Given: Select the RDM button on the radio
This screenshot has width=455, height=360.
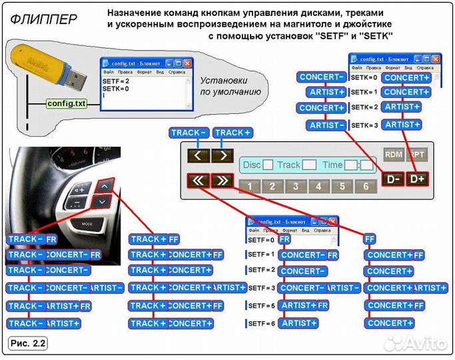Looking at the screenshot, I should tap(394, 154).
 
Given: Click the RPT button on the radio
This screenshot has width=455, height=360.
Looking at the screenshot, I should tap(417, 154).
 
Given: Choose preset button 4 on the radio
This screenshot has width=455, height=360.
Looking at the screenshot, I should tap(318, 186).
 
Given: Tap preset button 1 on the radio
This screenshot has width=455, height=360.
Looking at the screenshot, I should tap(248, 186).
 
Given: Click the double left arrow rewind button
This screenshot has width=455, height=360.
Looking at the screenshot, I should tap(198, 180).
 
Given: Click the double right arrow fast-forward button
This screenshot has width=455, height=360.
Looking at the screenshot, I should tap(223, 180).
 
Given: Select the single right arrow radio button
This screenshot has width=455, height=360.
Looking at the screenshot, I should tap(223, 156).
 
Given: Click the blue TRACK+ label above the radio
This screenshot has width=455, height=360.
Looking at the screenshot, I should tap(233, 133).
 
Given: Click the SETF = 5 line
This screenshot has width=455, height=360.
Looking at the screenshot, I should tap(260, 306).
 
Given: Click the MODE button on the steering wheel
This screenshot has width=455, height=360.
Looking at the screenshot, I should tap(85, 223).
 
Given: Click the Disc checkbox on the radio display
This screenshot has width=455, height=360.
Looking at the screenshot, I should tap(268, 165).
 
